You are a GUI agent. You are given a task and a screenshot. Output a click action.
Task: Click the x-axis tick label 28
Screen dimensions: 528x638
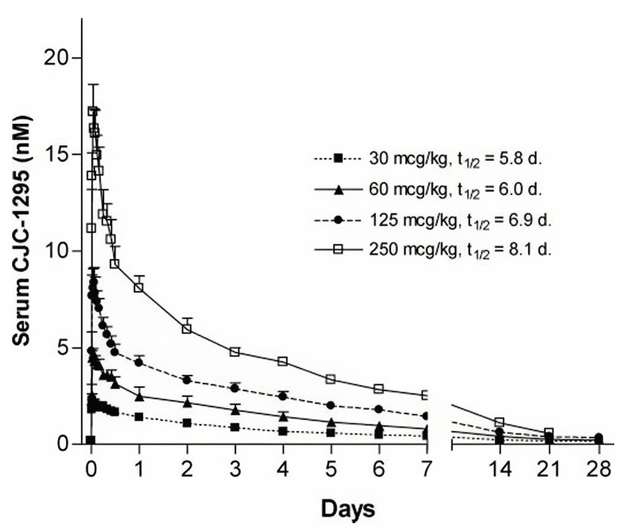[x=599, y=469]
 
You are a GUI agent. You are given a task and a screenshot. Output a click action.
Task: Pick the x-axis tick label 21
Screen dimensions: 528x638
[x=548, y=469]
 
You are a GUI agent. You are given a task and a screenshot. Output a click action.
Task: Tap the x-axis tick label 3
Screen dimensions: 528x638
[x=235, y=469]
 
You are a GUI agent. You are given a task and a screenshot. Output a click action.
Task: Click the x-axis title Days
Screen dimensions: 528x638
[x=348, y=509]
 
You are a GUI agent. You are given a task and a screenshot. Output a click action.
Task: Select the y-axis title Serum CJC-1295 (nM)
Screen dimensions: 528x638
[x=21, y=231]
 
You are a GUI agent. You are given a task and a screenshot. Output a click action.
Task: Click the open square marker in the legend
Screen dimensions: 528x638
[x=338, y=249]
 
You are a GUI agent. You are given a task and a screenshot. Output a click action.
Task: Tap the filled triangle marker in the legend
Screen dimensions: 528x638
[x=338, y=190]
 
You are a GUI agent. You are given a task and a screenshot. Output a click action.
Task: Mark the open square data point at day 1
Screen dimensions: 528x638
[x=139, y=287]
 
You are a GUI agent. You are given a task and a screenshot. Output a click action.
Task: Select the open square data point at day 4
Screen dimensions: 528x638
[x=283, y=361]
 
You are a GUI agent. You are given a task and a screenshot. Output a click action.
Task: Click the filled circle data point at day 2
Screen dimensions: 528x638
[x=187, y=380]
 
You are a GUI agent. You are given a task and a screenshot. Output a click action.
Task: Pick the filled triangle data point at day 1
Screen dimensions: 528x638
[x=139, y=396]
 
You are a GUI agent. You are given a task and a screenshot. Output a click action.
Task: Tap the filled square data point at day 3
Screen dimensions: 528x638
[x=235, y=427]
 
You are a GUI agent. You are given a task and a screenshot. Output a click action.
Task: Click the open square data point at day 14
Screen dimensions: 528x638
[x=499, y=422]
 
